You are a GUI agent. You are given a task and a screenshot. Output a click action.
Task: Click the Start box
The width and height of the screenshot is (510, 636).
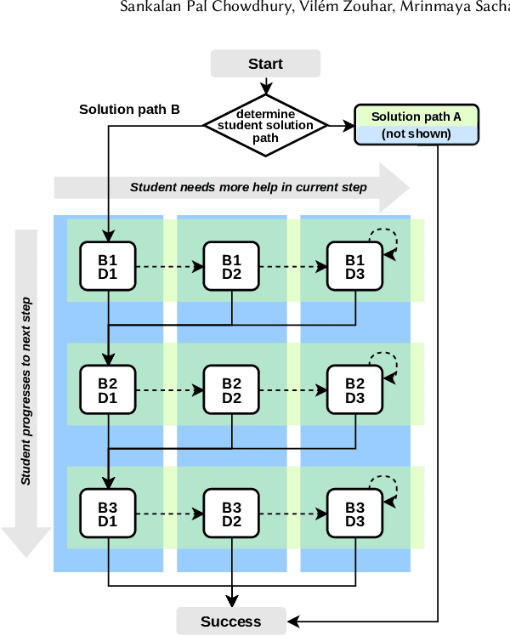coord(265,64)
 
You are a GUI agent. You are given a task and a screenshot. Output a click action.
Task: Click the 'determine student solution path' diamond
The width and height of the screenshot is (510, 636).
coord(265,126)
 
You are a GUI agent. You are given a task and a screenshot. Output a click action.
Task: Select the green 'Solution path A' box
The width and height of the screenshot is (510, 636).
coord(416,116)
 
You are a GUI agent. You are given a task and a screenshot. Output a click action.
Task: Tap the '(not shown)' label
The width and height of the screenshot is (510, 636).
coord(416,134)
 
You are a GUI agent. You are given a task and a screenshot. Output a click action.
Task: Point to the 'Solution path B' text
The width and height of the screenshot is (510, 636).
coord(129,110)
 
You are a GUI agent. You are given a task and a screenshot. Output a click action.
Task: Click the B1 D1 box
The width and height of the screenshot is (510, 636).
coord(108,266)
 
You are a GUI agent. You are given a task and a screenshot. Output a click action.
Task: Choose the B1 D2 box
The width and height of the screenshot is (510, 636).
coord(232,266)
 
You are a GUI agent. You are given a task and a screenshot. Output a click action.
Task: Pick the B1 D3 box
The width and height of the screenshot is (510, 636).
coord(355,266)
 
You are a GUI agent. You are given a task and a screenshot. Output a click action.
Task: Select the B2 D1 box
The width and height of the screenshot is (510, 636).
coord(108,390)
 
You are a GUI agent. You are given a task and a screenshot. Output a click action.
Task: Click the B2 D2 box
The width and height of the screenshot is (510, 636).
coord(232,390)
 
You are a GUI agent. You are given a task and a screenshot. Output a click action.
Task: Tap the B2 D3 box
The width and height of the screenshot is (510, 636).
coord(355,390)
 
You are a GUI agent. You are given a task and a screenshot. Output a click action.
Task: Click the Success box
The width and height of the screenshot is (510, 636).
coord(231,622)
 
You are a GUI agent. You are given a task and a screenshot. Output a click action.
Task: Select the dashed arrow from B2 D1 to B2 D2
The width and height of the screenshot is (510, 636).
coord(170,390)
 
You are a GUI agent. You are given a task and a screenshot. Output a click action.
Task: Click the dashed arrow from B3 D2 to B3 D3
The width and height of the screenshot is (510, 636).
coord(293,514)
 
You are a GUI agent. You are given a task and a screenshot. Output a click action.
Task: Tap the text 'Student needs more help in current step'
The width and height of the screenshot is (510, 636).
coord(248,187)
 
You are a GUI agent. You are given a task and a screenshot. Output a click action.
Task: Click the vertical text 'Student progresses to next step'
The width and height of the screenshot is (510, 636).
coord(26,391)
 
